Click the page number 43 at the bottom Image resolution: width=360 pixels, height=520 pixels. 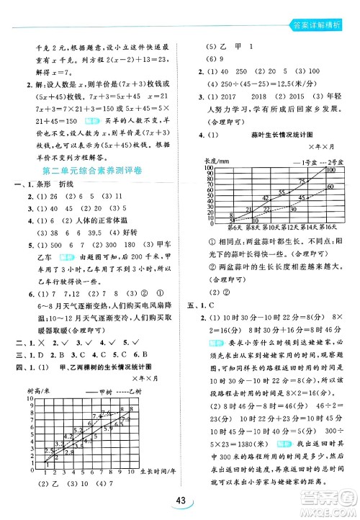tap(180, 501)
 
